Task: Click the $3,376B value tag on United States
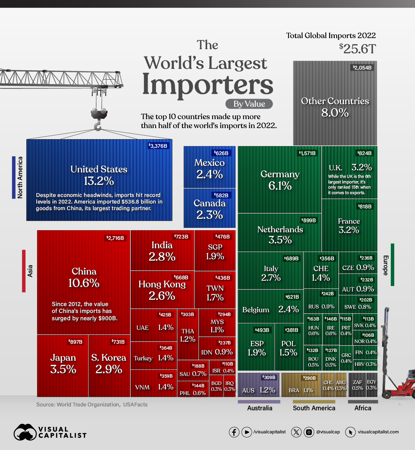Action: tap(158, 146)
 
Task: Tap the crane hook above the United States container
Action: tap(98, 125)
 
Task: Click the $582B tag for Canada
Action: tap(221, 195)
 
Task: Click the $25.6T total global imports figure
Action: tap(358, 49)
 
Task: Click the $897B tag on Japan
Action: tap(75, 342)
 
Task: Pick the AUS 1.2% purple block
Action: tap(258, 386)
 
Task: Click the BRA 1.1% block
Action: tap(301, 386)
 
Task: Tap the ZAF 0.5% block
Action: tap(357, 385)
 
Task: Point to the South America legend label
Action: tap(314, 408)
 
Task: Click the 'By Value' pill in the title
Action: tap(249, 104)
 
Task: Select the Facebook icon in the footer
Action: tap(234, 432)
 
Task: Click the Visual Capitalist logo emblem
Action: tap(25, 432)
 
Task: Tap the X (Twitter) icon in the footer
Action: tap(296, 432)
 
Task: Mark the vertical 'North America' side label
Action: tap(20, 177)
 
